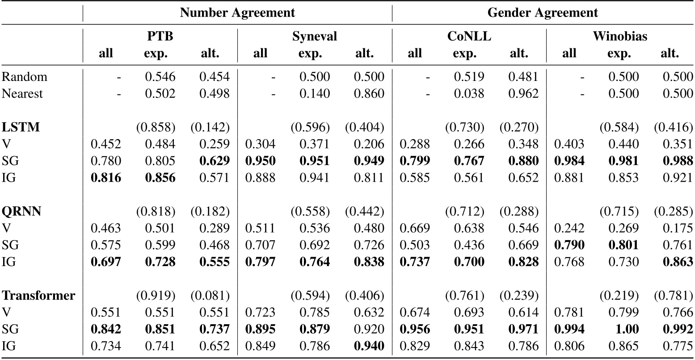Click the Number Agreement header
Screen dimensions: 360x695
point(237,13)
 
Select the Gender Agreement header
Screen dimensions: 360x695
point(543,13)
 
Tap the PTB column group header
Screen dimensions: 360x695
point(160,36)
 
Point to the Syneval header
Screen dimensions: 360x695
point(314,36)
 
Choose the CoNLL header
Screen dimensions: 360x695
point(469,36)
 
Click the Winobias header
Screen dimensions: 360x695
point(620,36)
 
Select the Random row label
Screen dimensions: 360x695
point(25,76)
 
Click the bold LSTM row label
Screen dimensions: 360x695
point(21,127)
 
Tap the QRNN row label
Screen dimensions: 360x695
point(21,211)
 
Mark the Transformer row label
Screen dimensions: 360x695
point(38,295)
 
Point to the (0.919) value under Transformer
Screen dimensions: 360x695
point(160,296)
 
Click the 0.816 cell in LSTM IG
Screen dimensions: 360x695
point(105,178)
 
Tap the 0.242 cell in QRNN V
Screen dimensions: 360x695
point(569,228)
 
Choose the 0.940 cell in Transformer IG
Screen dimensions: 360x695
point(369,346)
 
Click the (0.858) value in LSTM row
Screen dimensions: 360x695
point(160,127)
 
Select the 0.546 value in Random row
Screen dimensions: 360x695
point(160,76)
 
